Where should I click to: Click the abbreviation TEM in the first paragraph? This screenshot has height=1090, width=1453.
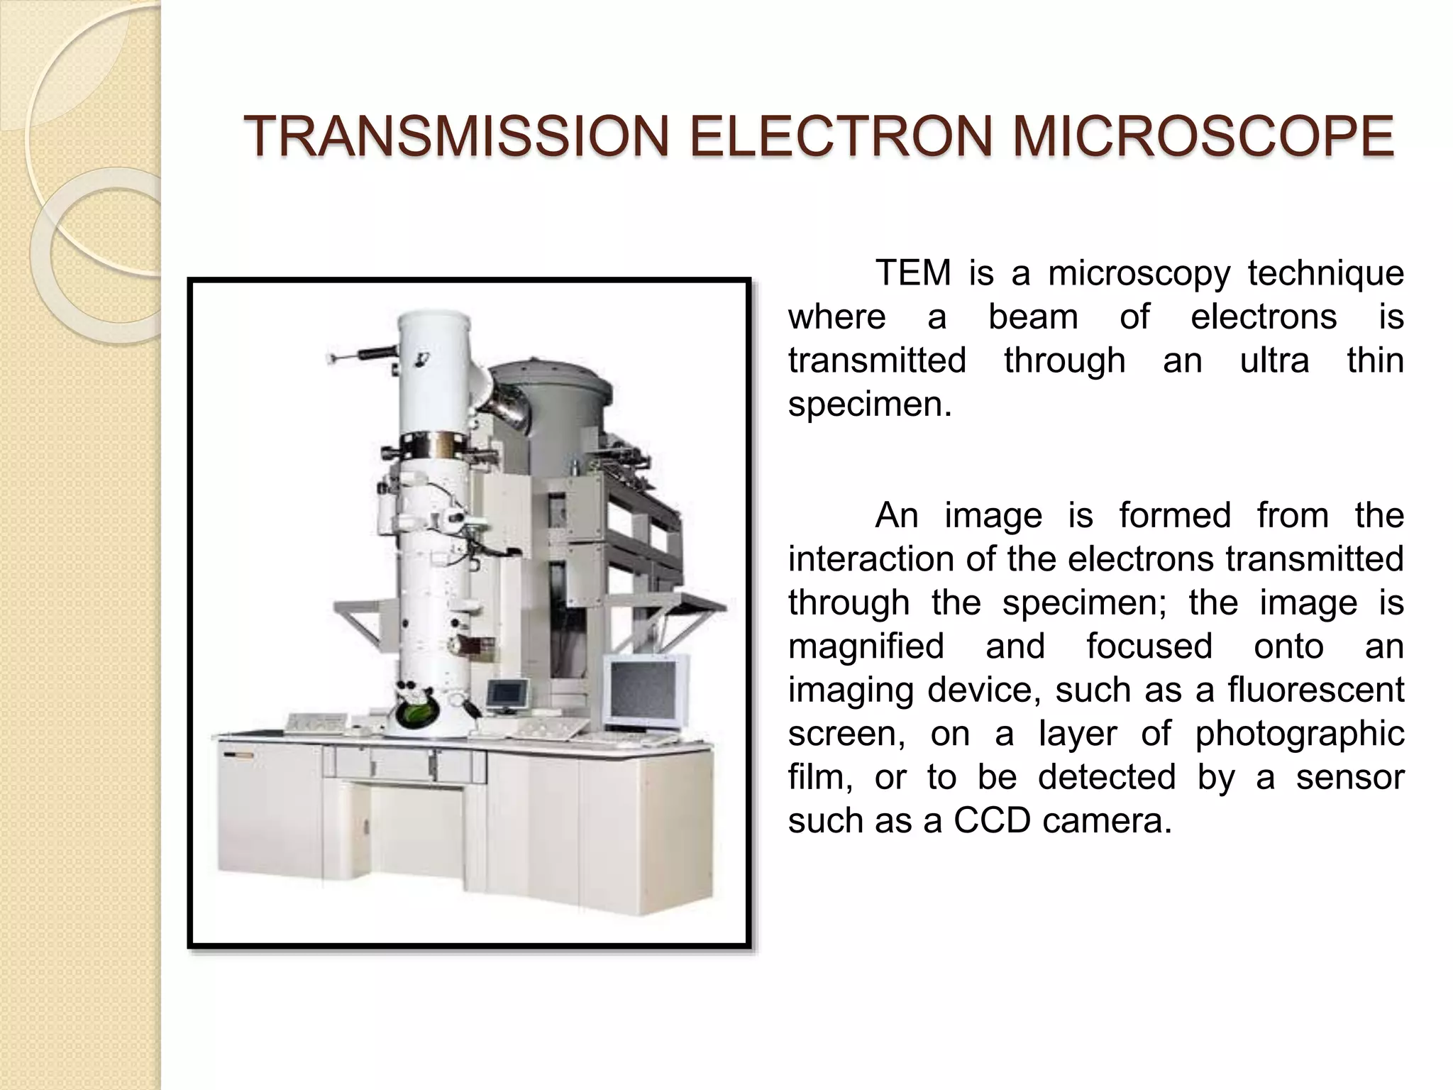pos(912,273)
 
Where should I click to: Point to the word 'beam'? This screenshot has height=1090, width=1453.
pos(1033,316)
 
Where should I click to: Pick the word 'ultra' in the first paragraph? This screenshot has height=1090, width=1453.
pos(1274,360)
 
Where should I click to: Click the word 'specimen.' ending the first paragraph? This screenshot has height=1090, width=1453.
pos(870,404)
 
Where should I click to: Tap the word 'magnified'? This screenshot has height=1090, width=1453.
pos(866,646)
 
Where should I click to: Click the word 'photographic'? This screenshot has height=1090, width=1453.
pos(1299,734)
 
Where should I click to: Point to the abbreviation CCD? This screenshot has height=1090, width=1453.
pos(991,821)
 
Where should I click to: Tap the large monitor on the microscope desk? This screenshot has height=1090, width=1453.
pos(646,690)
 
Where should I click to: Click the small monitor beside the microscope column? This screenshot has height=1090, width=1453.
pos(507,693)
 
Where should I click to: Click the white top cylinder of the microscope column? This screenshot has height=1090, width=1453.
pos(433,369)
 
